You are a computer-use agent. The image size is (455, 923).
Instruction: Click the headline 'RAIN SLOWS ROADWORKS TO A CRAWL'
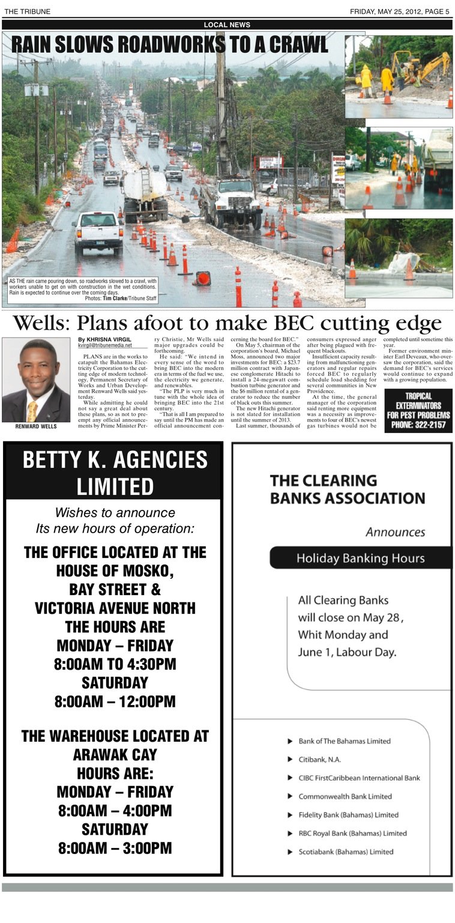[170, 44]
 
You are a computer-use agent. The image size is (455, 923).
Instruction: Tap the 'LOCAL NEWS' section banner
[227, 25]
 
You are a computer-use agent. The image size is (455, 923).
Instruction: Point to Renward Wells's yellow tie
[32, 410]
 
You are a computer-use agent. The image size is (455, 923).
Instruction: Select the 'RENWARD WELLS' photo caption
[35, 427]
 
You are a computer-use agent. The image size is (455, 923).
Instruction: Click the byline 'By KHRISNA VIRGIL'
[104, 340]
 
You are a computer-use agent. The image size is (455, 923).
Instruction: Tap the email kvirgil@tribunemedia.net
[105, 345]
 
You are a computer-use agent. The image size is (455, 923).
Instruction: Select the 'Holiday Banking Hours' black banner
[360, 558]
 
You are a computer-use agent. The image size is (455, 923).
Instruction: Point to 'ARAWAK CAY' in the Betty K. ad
[115, 754]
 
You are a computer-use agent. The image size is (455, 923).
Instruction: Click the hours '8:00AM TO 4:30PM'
[115, 664]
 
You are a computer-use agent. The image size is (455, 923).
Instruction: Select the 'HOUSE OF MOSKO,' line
[115, 570]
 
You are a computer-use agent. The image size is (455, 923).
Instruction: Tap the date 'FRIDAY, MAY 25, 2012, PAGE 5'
[400, 11]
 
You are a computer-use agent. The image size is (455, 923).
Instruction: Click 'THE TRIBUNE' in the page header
[28, 11]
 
